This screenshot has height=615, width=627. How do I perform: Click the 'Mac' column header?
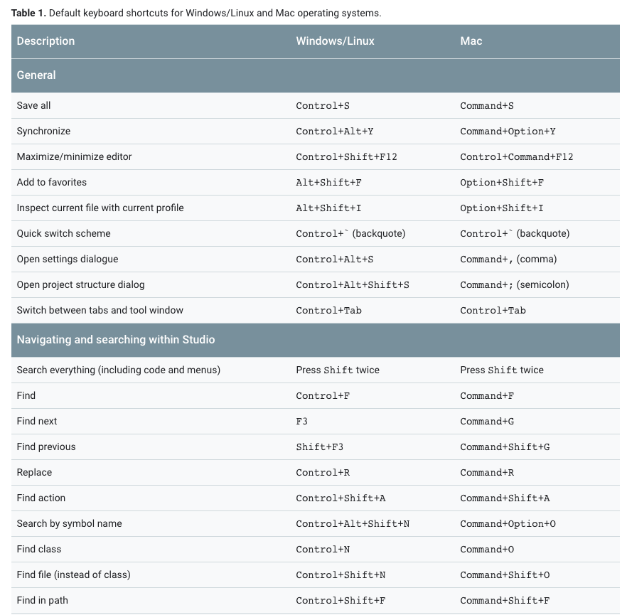tap(471, 41)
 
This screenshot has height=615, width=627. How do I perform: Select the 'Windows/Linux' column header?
tap(335, 41)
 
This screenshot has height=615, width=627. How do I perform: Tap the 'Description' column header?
tap(45, 41)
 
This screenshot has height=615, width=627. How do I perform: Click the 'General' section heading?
tap(36, 75)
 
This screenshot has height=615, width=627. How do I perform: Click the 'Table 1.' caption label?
tap(28, 13)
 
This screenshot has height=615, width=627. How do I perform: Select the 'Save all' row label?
tap(33, 105)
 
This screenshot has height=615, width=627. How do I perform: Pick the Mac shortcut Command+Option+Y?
tap(508, 132)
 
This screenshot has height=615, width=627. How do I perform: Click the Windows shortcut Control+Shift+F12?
tap(346, 157)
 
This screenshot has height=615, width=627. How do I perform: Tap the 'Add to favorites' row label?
tap(51, 182)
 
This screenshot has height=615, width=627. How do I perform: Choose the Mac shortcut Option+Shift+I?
tap(501, 208)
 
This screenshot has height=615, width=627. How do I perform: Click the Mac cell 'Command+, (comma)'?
tap(508, 259)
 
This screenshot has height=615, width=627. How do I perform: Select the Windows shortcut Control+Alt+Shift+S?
tap(352, 285)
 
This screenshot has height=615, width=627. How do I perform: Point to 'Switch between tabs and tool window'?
tap(100, 310)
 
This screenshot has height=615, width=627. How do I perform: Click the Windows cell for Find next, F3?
tap(301, 422)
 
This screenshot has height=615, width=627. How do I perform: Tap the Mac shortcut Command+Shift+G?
tap(505, 447)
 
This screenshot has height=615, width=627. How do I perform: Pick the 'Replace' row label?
tap(34, 472)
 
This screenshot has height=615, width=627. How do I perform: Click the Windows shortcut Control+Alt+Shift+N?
tap(352, 524)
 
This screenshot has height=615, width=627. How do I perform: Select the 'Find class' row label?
tap(39, 549)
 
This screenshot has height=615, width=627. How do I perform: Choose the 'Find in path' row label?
tap(42, 600)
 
